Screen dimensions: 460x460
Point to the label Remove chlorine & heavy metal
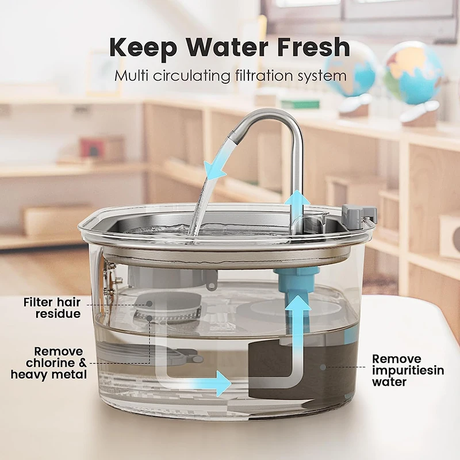[50, 363]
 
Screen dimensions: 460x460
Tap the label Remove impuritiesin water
[408, 370]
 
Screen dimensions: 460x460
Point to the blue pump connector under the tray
[298, 279]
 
